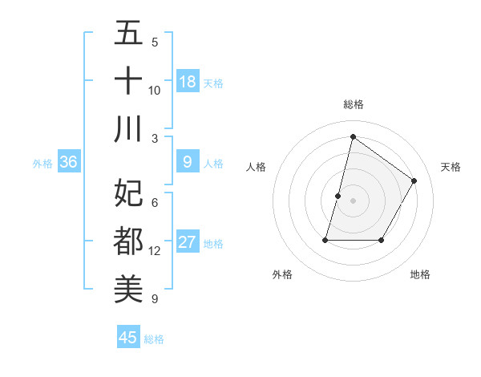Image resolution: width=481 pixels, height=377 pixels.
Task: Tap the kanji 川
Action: point(128,129)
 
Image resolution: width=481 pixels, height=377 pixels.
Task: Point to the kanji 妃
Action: point(128,193)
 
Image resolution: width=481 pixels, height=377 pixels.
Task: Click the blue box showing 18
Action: point(188,81)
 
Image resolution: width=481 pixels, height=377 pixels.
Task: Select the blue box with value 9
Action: point(188,162)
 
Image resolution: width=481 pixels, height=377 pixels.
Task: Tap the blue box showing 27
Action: point(188,242)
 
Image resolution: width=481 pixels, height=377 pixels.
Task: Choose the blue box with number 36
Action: point(69,162)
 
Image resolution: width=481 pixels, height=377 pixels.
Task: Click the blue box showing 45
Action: point(128,338)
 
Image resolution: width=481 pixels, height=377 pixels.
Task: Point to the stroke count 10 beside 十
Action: point(155,90)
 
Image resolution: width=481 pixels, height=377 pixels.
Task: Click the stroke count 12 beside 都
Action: point(155,251)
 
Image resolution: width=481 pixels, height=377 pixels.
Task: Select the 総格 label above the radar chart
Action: point(354,104)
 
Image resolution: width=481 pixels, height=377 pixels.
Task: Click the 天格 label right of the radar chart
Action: point(451,167)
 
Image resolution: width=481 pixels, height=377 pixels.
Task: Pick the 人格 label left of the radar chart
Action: point(256,167)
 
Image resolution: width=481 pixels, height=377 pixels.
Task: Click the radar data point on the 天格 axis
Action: point(414,180)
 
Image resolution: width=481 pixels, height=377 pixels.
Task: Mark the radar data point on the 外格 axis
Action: point(325,240)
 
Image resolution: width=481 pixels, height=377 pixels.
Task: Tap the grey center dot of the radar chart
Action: point(354,201)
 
